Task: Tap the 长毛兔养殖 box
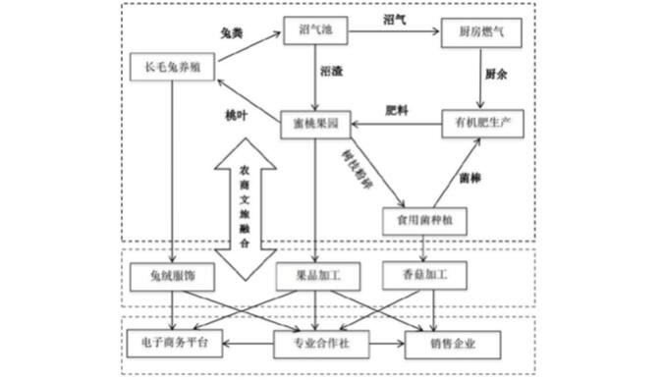(x=172, y=68)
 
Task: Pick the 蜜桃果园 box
(x=315, y=125)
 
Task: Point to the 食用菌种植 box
(x=424, y=220)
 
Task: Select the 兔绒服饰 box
(x=171, y=276)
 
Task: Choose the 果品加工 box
(x=314, y=276)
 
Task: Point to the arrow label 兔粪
(x=231, y=32)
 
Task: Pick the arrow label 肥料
(x=396, y=110)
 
